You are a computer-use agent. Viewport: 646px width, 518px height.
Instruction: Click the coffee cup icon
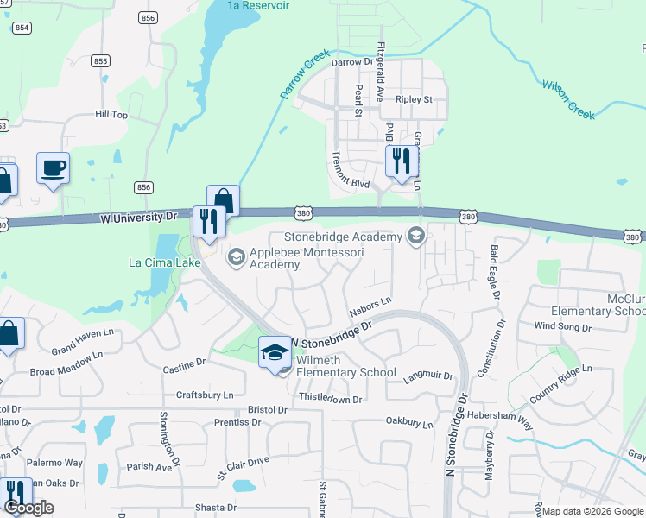pyautogui.click(x=53, y=166)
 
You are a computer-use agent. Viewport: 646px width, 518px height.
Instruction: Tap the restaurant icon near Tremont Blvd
pyautogui.click(x=401, y=161)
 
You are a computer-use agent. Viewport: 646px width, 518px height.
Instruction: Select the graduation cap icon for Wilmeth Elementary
pyautogui.click(x=275, y=352)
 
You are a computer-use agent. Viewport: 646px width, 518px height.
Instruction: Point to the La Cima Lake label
pyautogui.click(x=160, y=262)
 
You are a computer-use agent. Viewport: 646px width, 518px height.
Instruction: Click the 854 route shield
pyautogui.click(x=22, y=28)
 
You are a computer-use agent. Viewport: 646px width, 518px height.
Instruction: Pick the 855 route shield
pyautogui.click(x=101, y=60)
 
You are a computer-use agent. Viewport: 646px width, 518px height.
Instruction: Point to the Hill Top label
pyautogui.click(x=111, y=114)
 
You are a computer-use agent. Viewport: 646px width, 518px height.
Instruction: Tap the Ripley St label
pyautogui.click(x=414, y=100)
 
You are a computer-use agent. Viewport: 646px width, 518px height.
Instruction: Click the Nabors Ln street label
pyautogui.click(x=370, y=305)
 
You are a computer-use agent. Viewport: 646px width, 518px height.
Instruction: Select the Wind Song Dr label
pyautogui.click(x=562, y=327)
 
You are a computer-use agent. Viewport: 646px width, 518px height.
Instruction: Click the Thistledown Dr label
pyautogui.click(x=330, y=399)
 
